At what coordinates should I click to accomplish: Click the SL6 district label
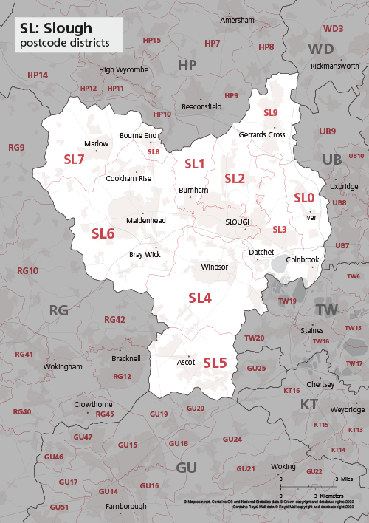click(x=103, y=233)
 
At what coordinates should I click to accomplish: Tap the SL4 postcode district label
click(x=200, y=298)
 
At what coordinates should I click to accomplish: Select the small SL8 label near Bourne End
click(x=154, y=152)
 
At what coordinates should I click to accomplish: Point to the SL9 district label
click(x=271, y=112)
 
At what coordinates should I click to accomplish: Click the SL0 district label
click(x=304, y=198)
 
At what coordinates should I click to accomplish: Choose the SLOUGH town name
click(x=238, y=222)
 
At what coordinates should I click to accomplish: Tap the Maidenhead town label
click(x=146, y=220)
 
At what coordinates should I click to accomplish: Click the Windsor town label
click(x=214, y=266)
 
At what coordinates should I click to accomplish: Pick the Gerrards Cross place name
click(x=261, y=135)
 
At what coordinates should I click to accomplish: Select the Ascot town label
click(x=186, y=363)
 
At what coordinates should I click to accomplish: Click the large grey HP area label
click(x=187, y=66)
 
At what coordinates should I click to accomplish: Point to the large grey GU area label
click(x=187, y=467)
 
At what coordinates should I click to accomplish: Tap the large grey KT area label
click(x=308, y=404)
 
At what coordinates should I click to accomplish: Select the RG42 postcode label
click(x=114, y=320)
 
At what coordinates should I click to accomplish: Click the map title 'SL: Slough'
click(x=56, y=28)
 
